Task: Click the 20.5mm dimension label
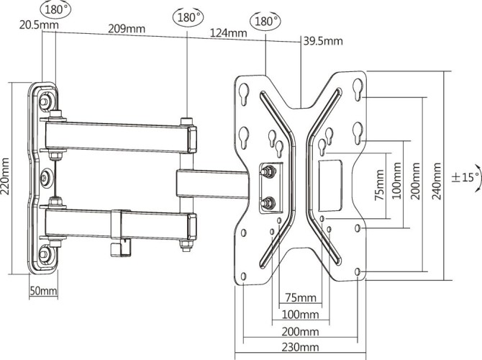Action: [x=19, y=25]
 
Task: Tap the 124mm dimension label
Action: [x=229, y=33]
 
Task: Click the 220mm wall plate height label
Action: [x=7, y=178]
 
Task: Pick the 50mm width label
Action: [x=43, y=291]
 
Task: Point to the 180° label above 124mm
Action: [x=265, y=22]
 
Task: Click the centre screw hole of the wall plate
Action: [x=46, y=176]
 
